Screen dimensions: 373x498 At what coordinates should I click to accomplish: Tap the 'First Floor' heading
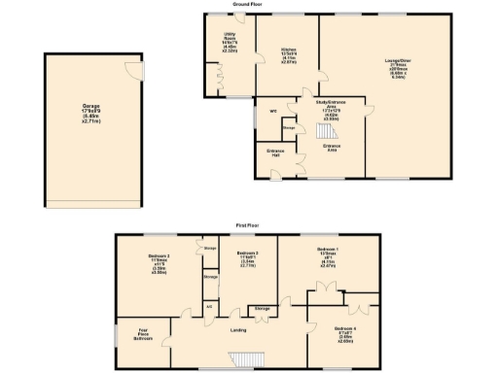[x=247, y=224]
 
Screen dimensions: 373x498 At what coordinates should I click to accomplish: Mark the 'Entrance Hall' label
[x=275, y=153]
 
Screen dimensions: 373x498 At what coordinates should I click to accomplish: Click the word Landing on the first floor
[x=237, y=330]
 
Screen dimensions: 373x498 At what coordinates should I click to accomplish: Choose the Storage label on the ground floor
[x=288, y=126]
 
